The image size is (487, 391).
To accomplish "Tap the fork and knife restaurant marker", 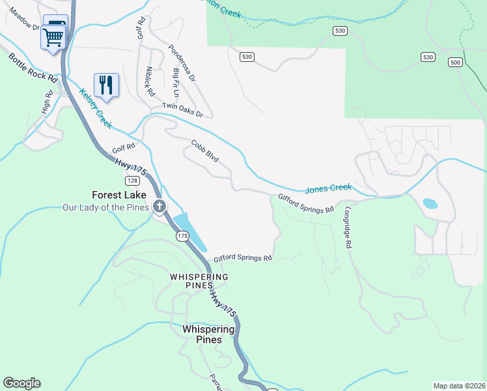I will point(106,85).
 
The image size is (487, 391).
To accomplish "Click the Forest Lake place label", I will point(118,195).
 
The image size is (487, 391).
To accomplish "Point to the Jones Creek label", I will point(328,188).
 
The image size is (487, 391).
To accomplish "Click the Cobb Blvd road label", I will point(204,151).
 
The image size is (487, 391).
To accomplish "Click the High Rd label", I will point(47,106).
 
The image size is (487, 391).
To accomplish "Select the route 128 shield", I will point(132,180).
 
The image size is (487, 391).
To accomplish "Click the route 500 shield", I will point(455,63).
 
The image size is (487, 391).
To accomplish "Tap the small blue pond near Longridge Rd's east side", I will point(430,203).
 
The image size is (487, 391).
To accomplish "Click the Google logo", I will point(21,383).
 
